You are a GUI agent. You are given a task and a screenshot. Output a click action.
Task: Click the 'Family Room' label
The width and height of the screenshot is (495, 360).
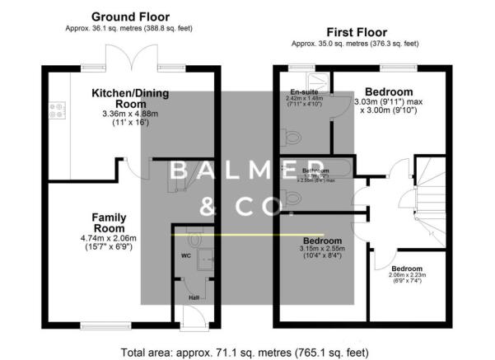[x=108, y=222]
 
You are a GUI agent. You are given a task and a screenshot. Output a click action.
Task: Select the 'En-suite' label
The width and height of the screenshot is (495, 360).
[x=304, y=92]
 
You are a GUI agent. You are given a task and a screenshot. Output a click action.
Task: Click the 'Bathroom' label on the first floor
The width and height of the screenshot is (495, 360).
[x=316, y=171]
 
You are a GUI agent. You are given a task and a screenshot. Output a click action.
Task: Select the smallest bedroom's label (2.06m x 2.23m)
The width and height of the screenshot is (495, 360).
[x=407, y=269]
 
